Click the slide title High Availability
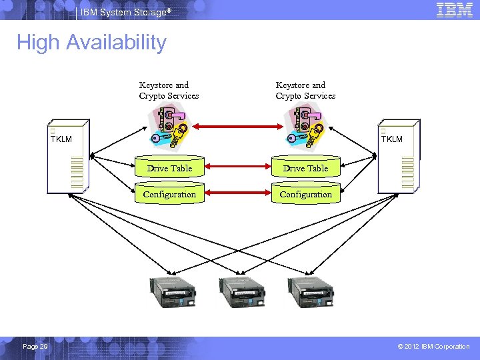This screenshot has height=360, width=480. click(x=91, y=43)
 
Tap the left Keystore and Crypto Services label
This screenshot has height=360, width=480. click(x=169, y=90)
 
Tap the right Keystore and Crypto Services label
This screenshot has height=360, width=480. click(x=305, y=90)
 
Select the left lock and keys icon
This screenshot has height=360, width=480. click(x=171, y=126)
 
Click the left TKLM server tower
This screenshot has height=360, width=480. click(x=69, y=157)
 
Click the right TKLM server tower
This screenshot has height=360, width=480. click(x=399, y=157)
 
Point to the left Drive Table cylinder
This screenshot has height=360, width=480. click(x=169, y=168)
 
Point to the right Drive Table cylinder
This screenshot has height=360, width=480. click(x=305, y=168)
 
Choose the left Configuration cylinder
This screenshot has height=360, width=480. click(x=169, y=194)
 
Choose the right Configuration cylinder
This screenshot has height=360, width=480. click(x=305, y=194)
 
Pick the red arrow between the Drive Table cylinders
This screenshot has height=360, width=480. click(x=237, y=169)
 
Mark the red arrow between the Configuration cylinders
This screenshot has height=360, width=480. click(x=237, y=195)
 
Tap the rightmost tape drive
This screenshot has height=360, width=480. click(x=311, y=291)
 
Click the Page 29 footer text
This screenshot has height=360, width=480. click(x=35, y=347)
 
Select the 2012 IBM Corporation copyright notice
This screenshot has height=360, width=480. click(x=433, y=347)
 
